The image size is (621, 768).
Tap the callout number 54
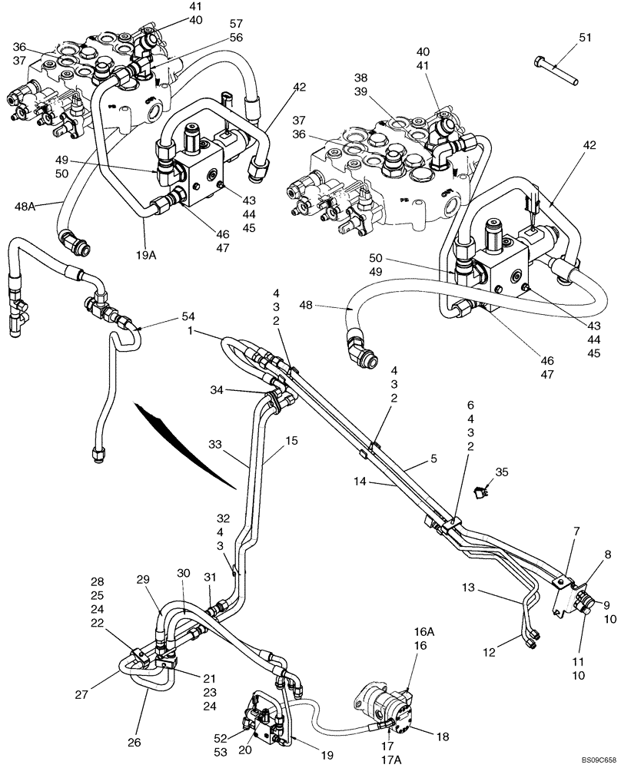[188, 316]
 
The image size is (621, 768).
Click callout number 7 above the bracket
[577, 531]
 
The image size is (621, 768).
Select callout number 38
[361, 78]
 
